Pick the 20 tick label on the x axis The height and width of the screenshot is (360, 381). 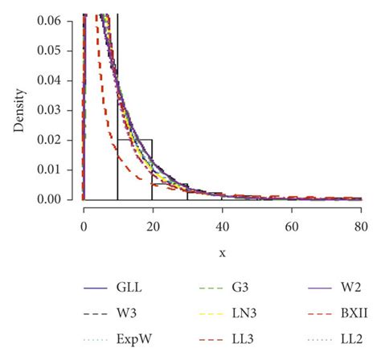pos(153,226)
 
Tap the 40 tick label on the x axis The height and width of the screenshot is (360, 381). pos(222,226)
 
